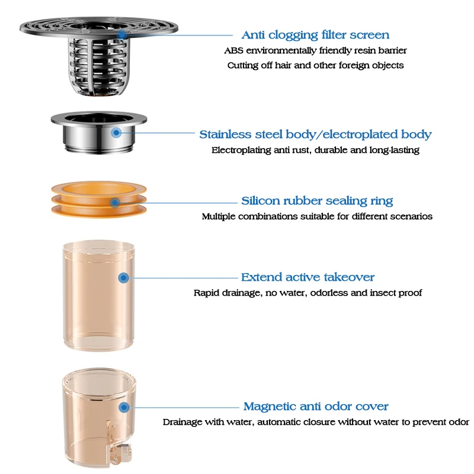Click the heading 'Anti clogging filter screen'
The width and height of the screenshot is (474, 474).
tap(315, 35)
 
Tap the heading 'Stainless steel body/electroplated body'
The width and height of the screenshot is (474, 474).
tap(315, 134)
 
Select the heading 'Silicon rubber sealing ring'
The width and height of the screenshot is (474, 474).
tap(317, 201)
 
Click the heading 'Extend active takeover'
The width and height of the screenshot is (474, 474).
tap(308, 277)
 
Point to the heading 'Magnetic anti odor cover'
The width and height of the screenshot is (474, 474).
tap(316, 406)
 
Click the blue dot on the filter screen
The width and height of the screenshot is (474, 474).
tap(123, 35)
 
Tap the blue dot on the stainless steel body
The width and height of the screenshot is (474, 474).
tap(117, 133)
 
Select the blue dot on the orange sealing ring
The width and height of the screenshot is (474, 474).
tap(115, 203)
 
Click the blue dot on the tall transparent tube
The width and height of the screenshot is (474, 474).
tap(123, 277)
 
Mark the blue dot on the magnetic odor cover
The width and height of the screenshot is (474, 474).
tap(124, 407)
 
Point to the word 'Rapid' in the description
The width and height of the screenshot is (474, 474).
tap(207, 293)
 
